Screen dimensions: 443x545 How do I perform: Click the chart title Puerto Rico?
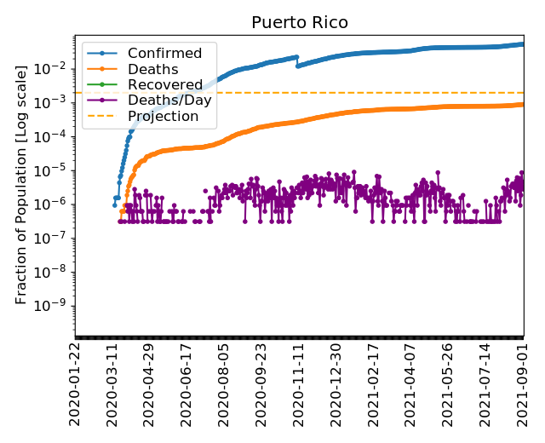(300, 22)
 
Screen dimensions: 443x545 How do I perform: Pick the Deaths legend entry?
(152, 69)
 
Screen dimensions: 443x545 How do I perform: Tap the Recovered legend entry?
(163, 84)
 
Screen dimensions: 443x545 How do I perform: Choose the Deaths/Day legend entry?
(169, 100)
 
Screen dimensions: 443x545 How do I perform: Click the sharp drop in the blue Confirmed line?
(297, 61)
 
